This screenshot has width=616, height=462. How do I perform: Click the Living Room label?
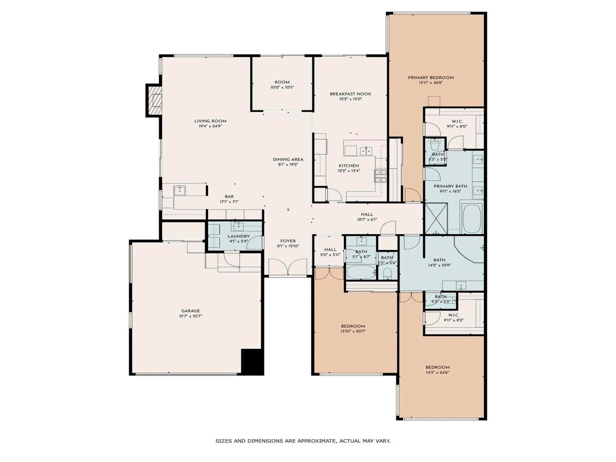pos(210,121)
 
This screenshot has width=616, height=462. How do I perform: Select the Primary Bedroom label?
pos(430,78)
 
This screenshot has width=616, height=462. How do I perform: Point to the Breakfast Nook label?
pos(350,94)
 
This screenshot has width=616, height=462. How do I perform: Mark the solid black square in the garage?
pos(252,362)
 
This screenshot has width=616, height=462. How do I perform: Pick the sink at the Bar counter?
pos(180,190)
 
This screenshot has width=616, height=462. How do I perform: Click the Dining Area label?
pos(288,159)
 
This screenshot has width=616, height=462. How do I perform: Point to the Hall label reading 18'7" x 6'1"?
pos(366,215)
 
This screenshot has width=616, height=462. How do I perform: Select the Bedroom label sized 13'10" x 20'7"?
pos(353,326)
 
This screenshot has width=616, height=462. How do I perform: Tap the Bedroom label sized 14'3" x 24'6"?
pos(437,367)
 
